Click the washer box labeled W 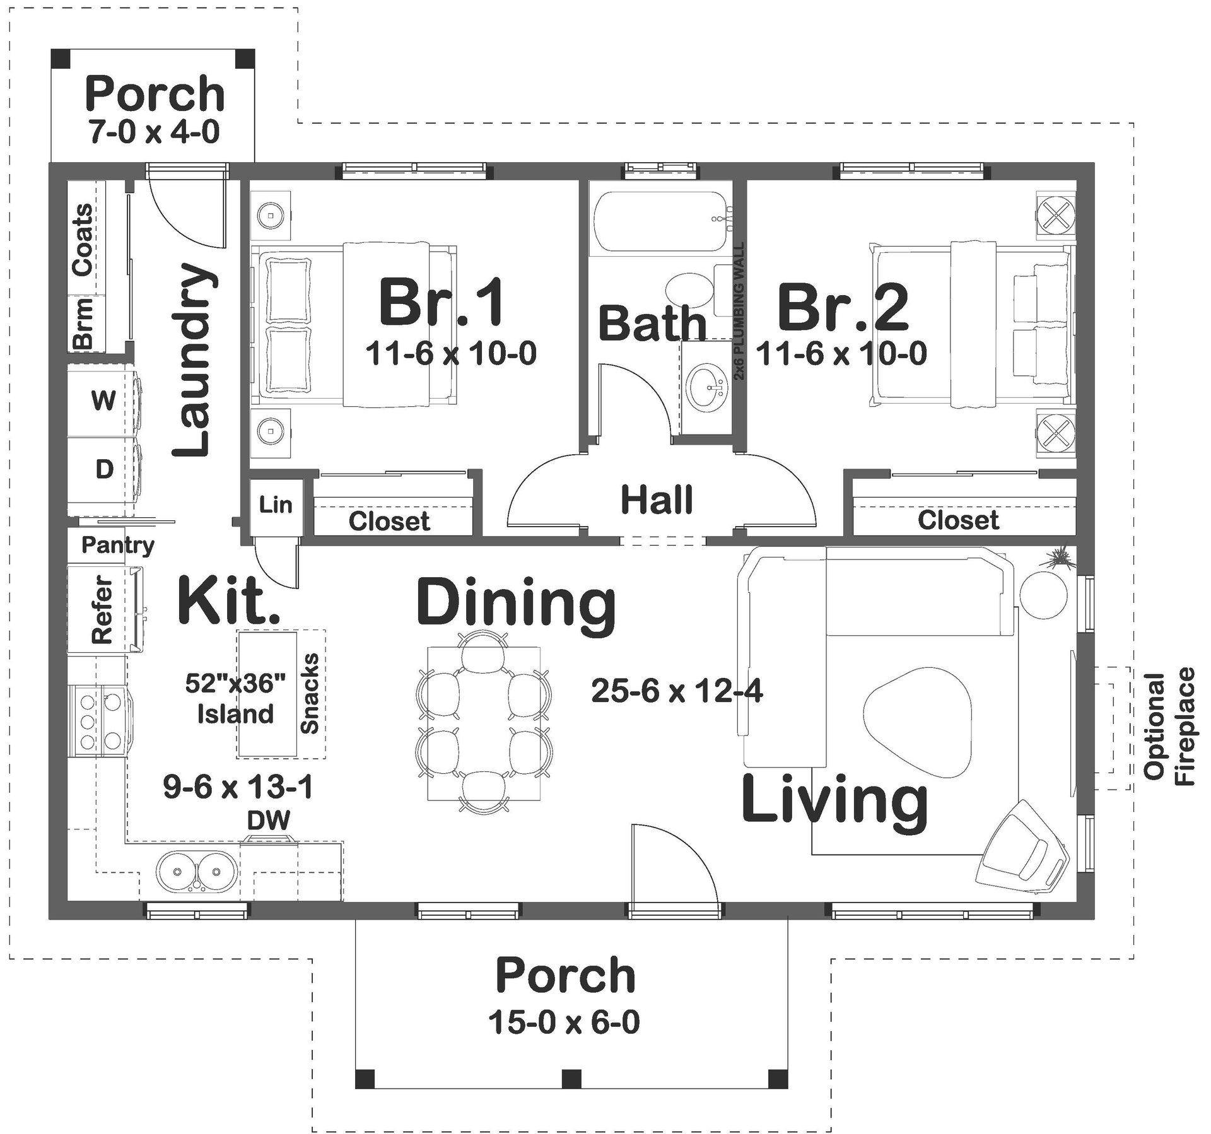[103, 400]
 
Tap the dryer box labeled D [103, 469]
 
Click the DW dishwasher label [269, 820]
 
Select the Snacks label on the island [310, 694]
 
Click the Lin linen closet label [276, 505]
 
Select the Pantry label [118, 545]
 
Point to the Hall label [657, 500]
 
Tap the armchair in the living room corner [1022, 848]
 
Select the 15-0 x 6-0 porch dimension [563, 1022]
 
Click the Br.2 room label [843, 309]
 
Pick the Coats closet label [83, 240]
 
